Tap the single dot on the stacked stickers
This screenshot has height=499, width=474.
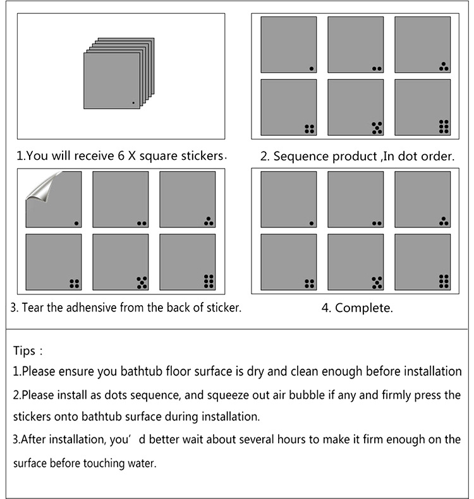[133, 102]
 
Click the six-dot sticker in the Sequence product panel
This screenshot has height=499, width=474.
[422, 107]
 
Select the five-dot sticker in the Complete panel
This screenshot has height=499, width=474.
[355, 262]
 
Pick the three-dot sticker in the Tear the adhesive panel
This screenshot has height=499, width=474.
[187, 199]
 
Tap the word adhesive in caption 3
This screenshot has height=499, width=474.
[84, 308]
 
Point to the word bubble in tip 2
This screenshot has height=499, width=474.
[324, 395]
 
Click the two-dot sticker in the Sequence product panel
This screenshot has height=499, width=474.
[355, 45]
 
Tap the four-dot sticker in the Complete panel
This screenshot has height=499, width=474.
[288, 262]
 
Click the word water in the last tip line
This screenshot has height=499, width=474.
[140, 462]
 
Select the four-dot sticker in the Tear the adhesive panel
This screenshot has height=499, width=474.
[53, 262]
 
